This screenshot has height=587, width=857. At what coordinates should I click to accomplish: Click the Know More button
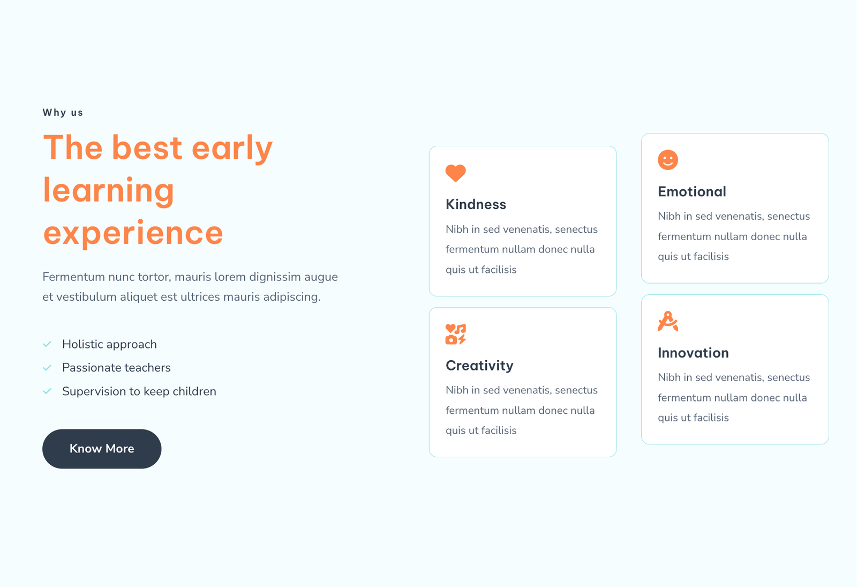(x=102, y=448)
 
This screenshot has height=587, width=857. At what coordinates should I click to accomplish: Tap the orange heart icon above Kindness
(x=455, y=173)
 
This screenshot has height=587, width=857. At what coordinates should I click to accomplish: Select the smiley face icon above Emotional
(x=667, y=160)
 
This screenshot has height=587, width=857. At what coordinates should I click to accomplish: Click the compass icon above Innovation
(x=667, y=321)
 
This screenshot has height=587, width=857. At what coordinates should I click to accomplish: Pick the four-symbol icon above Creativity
(x=455, y=334)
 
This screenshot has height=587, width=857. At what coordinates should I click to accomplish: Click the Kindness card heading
(x=476, y=204)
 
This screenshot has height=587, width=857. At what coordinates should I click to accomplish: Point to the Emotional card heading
(x=691, y=191)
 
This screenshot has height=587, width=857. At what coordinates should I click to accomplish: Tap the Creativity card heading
(x=479, y=366)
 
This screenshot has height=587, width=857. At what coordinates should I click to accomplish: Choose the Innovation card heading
(x=693, y=353)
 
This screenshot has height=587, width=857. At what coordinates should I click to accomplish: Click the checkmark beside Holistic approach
(x=47, y=344)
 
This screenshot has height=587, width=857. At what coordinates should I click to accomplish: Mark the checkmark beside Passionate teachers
(x=47, y=368)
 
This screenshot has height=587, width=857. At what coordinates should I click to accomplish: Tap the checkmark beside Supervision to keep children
(x=47, y=391)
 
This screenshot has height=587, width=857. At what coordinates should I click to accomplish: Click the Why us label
(x=63, y=113)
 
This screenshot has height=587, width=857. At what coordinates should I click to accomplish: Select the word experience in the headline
(x=133, y=233)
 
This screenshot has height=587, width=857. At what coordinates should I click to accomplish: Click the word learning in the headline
(x=109, y=191)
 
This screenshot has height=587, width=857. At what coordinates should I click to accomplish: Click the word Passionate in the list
(x=92, y=368)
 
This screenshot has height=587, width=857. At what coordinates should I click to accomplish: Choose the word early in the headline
(x=232, y=148)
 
